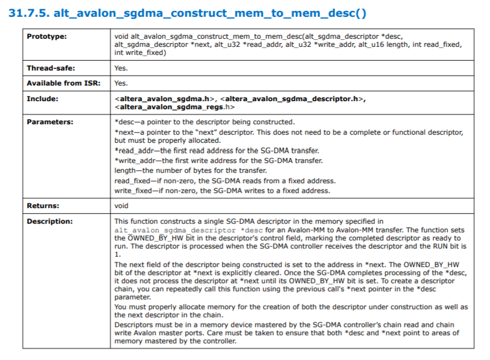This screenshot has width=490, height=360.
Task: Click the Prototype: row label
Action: click(47, 37)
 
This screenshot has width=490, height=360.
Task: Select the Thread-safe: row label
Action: click(51, 68)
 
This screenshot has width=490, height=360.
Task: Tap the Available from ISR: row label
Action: click(64, 83)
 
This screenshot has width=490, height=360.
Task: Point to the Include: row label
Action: click(43, 99)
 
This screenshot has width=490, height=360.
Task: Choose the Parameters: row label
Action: click(50, 122)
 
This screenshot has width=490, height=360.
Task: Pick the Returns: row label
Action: click(43, 206)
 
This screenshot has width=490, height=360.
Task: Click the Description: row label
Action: click(50, 221)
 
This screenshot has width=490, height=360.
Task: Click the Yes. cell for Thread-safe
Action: click(121, 68)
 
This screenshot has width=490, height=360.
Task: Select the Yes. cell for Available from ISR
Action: click(121, 83)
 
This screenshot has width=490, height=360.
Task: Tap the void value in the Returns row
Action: click(121, 206)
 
